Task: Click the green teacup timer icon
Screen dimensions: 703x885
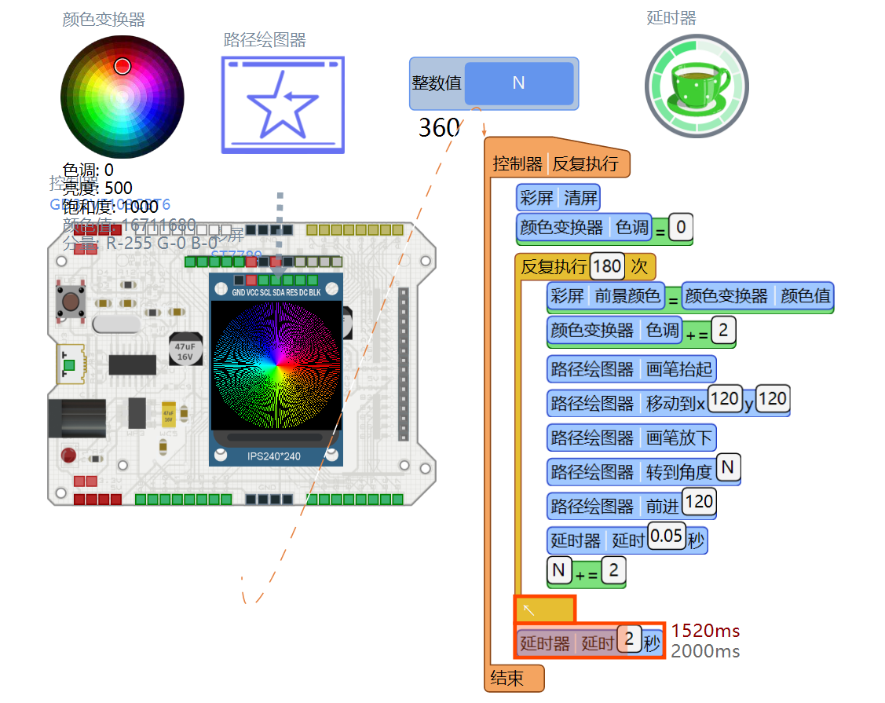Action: point(697,87)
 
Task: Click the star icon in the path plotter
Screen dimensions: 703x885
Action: point(283,104)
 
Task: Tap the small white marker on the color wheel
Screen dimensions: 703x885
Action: point(122,66)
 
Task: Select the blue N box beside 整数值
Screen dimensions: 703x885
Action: point(518,83)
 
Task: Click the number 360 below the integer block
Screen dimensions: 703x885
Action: point(439,127)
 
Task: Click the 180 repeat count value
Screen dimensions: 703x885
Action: point(607,266)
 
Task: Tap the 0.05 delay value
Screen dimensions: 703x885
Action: point(667,536)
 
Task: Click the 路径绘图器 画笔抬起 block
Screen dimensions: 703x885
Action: point(631,369)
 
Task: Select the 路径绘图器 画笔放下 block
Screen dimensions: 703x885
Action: point(631,438)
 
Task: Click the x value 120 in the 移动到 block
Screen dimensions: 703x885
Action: point(724,399)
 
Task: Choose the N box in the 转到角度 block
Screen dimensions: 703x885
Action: point(728,468)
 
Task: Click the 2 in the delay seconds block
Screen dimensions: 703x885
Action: point(629,639)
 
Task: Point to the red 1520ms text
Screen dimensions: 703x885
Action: point(705,630)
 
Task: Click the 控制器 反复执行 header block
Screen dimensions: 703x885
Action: point(556,164)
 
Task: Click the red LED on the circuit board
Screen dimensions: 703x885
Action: point(68,455)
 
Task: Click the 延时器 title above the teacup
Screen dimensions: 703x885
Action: point(671,18)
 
